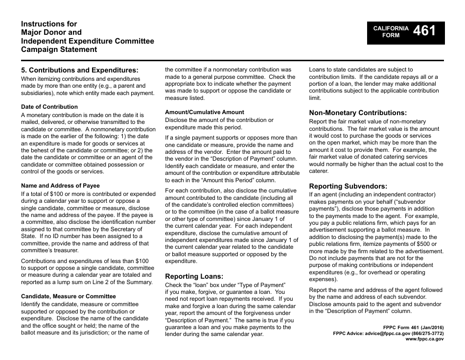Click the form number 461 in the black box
tap(424, 31)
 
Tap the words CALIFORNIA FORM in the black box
tap(391, 32)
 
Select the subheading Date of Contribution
tap(49, 107)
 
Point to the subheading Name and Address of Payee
tap(60, 186)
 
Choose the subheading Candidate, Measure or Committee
tap(69, 296)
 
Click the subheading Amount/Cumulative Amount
tap(205, 112)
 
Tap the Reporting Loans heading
tap(194, 276)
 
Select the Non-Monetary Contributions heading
tap(358, 113)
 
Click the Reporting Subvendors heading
tap(348, 186)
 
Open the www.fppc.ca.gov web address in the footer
tap(424, 338)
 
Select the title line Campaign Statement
tap(59, 49)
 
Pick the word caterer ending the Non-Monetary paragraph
tap(318, 171)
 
